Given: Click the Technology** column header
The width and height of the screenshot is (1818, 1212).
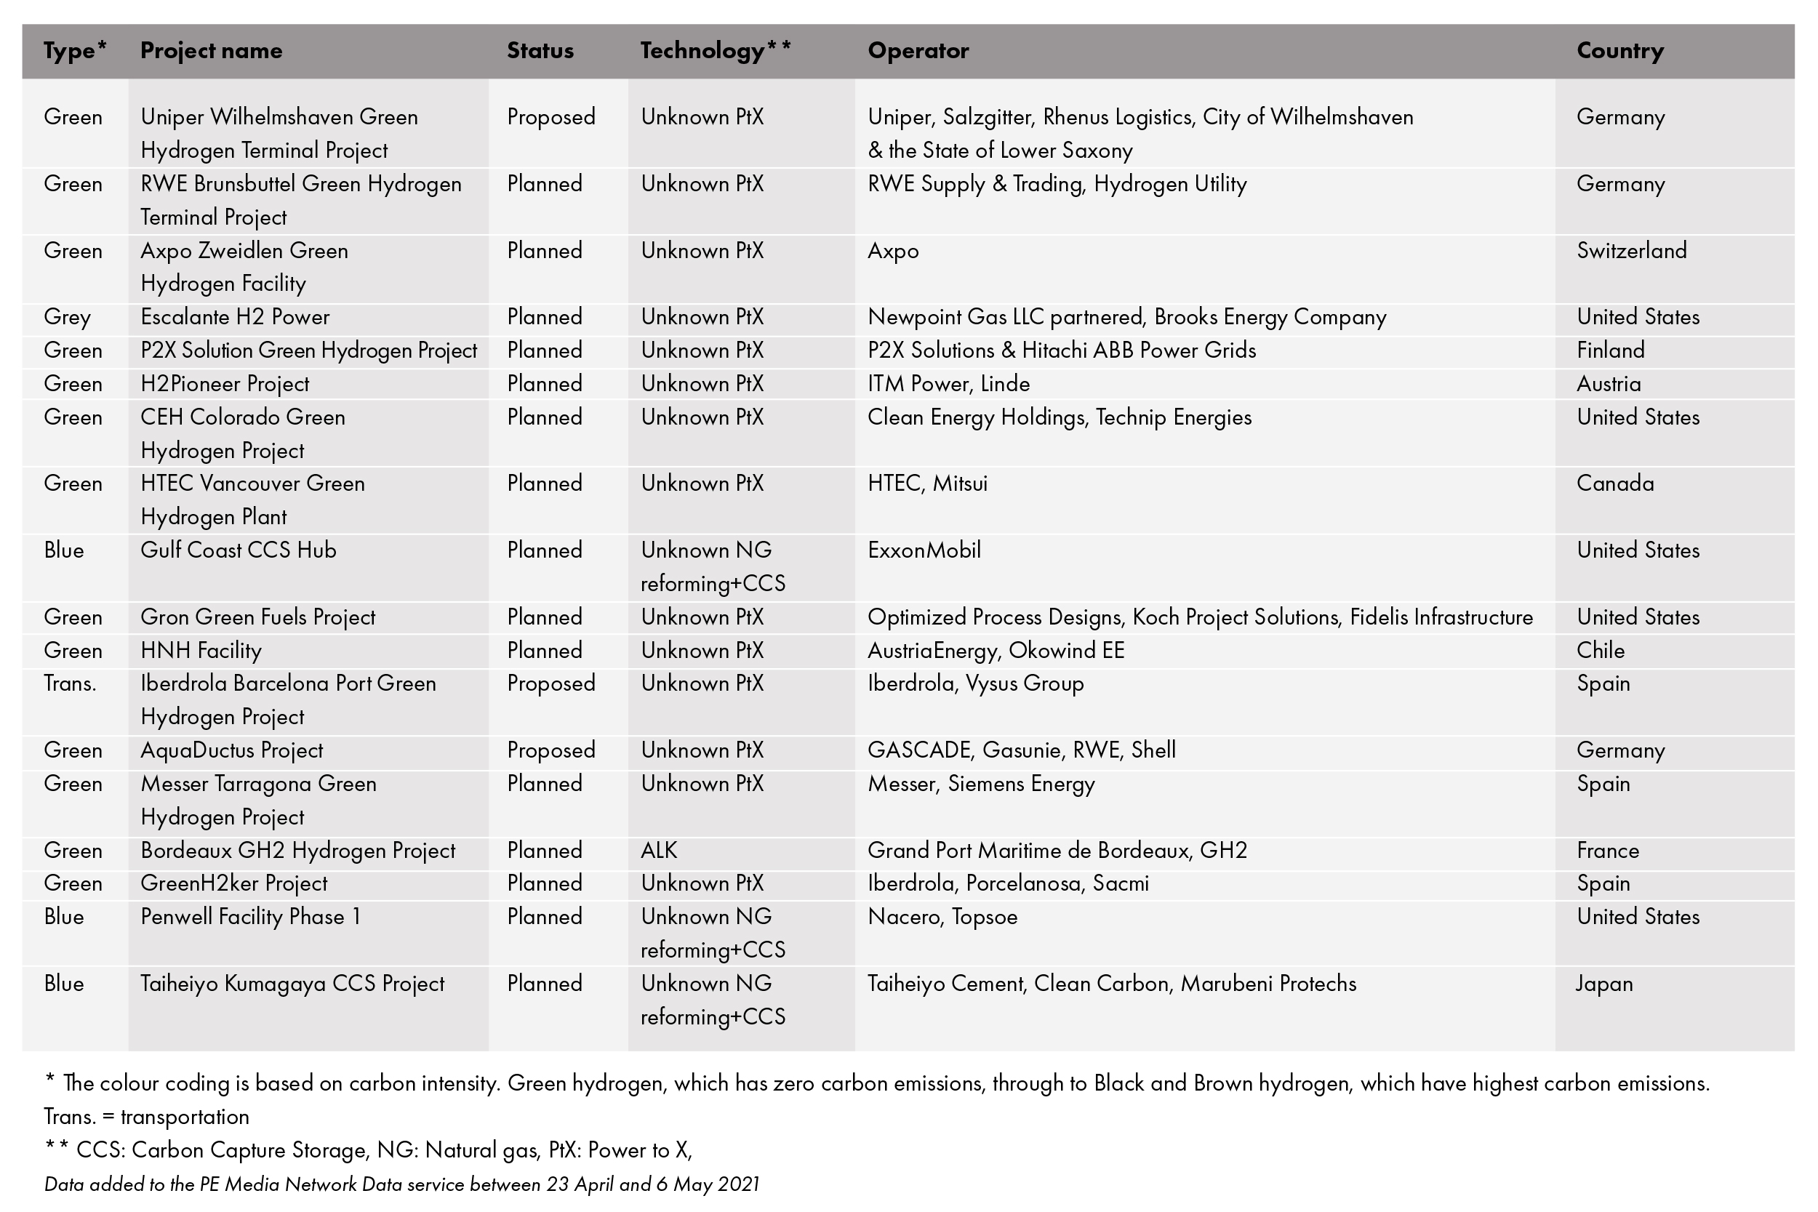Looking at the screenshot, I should (715, 51).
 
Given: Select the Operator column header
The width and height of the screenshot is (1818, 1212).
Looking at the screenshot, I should (918, 51).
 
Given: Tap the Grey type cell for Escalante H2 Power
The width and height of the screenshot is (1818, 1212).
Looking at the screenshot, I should (67, 318).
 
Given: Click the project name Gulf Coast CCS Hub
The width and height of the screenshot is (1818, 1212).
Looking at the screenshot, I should (238, 550).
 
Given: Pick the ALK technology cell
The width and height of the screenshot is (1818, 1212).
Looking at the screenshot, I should (659, 850).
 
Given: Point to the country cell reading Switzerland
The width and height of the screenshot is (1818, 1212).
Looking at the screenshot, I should (1631, 250).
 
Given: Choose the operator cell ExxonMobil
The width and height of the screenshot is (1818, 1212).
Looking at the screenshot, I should (924, 550).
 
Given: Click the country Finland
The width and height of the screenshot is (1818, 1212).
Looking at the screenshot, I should (1610, 351).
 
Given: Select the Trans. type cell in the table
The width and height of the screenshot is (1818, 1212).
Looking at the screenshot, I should (70, 683).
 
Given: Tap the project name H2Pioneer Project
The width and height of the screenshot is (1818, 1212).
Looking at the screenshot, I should (224, 384).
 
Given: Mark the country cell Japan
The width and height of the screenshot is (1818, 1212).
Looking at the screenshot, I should (1604, 984).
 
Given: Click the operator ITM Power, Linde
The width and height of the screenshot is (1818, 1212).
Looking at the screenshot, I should (948, 384).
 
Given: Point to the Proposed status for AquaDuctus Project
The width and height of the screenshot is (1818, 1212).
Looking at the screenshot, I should (550, 750).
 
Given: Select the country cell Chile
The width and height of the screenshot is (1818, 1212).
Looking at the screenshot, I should (1600, 651).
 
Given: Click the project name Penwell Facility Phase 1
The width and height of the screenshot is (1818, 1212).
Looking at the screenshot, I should (250, 917).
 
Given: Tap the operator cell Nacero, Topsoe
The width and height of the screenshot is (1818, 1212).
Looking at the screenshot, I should (942, 917).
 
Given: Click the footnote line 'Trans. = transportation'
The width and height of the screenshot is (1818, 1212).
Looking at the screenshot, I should (146, 1117).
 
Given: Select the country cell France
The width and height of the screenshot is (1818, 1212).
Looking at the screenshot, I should (1607, 850).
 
